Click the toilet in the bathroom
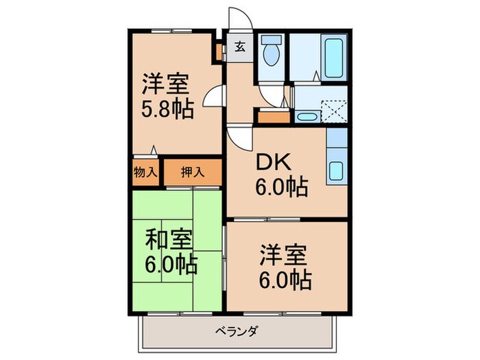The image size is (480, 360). click(x=272, y=53)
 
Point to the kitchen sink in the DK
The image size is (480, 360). click(x=337, y=169)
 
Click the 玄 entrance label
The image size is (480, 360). click(x=241, y=47)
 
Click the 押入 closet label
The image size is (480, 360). click(x=192, y=171)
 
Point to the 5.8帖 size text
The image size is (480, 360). click(x=167, y=108)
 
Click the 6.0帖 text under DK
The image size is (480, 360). click(x=282, y=186)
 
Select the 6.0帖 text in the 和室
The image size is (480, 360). click(x=171, y=263)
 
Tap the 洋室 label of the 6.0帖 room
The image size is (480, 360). click(x=282, y=255)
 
